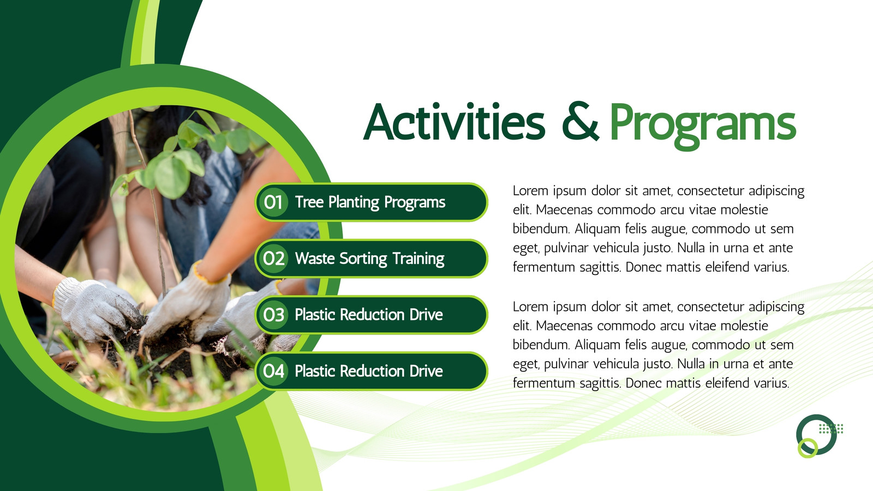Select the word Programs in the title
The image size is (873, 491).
coord(703,125)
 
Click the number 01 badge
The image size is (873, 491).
coord(273,202)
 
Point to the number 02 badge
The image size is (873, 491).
coord(273,259)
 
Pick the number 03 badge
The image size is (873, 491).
coord(273,314)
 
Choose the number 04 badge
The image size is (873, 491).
coord(273,371)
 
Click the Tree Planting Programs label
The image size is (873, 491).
coord(370,202)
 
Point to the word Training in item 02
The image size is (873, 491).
coord(418,259)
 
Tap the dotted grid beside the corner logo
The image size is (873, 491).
coord(831,429)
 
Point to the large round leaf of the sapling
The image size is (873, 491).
coord(172,177)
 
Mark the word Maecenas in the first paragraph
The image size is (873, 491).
coord(564,209)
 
